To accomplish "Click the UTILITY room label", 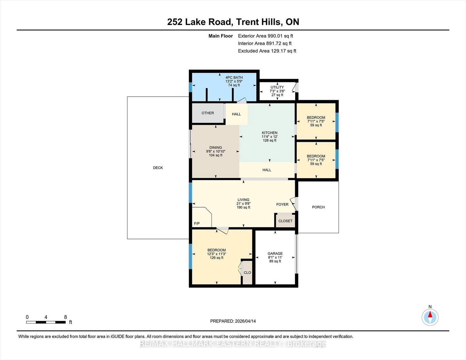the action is (277, 87).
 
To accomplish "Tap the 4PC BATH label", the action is (234, 77).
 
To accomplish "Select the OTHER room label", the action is (208, 113).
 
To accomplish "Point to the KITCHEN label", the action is (270, 133).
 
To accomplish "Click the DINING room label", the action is (216, 148).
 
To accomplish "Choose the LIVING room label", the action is (243, 200).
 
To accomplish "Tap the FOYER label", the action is (282, 204).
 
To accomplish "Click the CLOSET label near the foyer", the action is (285, 221).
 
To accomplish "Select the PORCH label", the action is (318, 207).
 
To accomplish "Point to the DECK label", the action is (158, 168).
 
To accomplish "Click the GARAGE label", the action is (275, 253).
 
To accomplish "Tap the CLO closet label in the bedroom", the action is (247, 273).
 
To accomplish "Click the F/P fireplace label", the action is (197, 224).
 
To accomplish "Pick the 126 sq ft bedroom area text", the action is (216, 258).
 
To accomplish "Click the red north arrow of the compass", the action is (430, 314).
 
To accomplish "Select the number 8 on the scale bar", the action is (66, 317).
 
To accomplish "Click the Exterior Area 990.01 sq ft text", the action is (265, 36).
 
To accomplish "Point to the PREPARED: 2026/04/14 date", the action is (233, 321).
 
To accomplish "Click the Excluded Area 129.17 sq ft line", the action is (267, 51).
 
